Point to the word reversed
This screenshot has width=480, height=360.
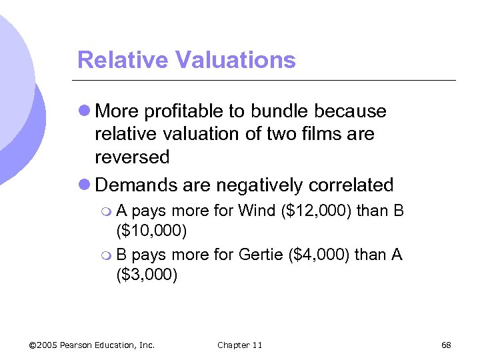pos(132,157)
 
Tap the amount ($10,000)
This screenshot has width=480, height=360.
pos(152,231)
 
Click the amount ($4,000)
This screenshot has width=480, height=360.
pos(322,255)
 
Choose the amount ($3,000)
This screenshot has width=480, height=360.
pos(147,275)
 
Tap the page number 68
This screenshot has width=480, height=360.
pos(446,345)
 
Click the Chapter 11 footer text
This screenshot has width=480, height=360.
pos(239,345)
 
